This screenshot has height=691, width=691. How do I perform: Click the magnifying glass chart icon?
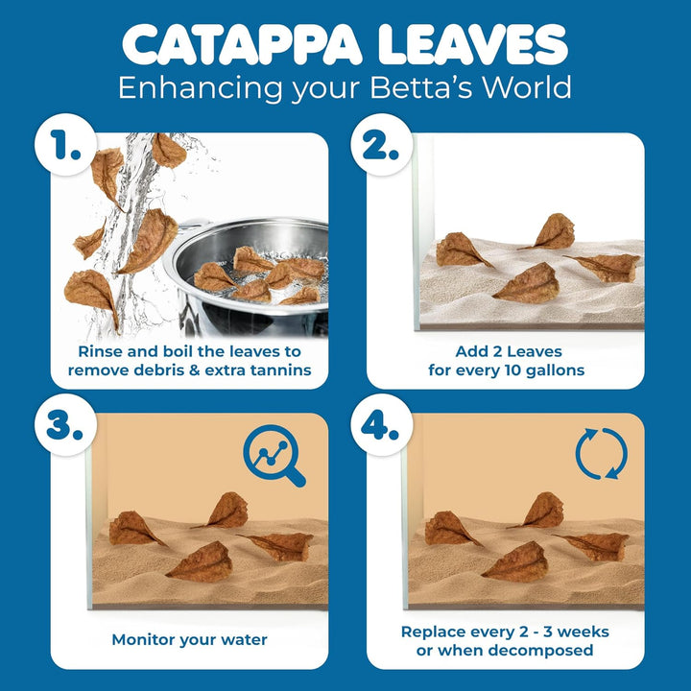(274, 455)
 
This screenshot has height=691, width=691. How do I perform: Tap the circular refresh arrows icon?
(601, 453)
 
